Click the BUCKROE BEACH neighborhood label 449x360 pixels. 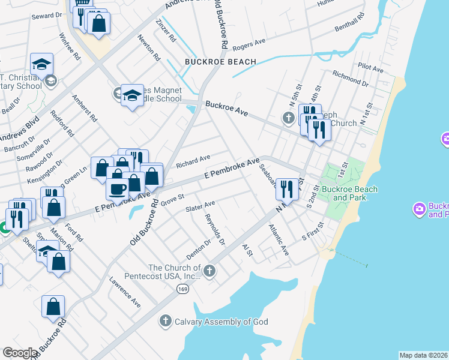pos(220,62)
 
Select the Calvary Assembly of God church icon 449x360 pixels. pos(166,321)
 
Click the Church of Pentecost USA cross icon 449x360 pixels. pos(209,271)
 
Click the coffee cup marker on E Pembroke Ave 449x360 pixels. pos(118,188)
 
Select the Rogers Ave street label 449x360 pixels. pos(249,44)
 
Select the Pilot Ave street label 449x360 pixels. pos(370,69)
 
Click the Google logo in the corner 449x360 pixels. pos(20,353)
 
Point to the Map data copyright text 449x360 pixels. pos(423,355)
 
